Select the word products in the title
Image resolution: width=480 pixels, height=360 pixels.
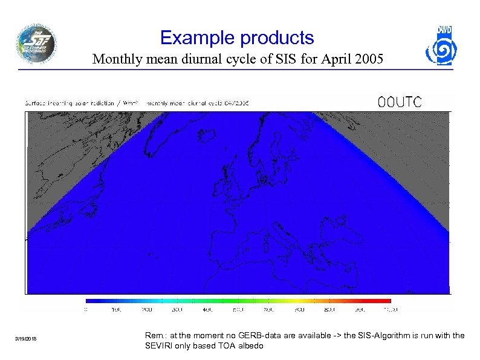coord(276,39)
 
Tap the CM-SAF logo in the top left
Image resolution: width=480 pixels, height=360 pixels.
coord(36,44)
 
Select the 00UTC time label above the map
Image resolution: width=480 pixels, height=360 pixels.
coord(400,102)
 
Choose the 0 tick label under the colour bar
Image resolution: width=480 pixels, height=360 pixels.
coord(86,309)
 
